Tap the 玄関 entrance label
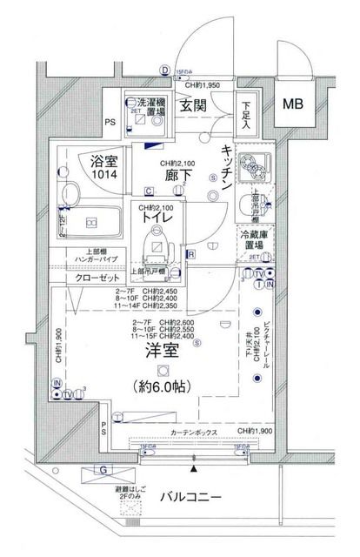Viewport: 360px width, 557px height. coord(192,105)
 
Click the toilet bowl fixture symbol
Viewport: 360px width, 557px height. coord(157,240)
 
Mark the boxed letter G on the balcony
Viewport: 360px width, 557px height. coord(103,472)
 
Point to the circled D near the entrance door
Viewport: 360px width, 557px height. coord(163,71)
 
